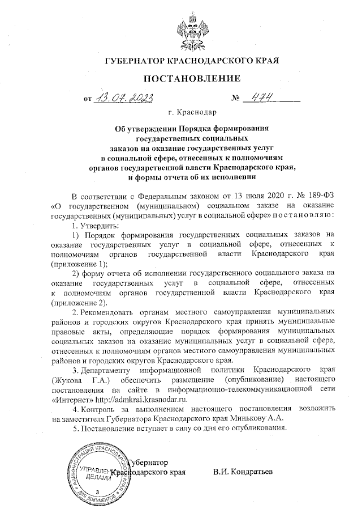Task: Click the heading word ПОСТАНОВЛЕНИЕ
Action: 187,78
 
